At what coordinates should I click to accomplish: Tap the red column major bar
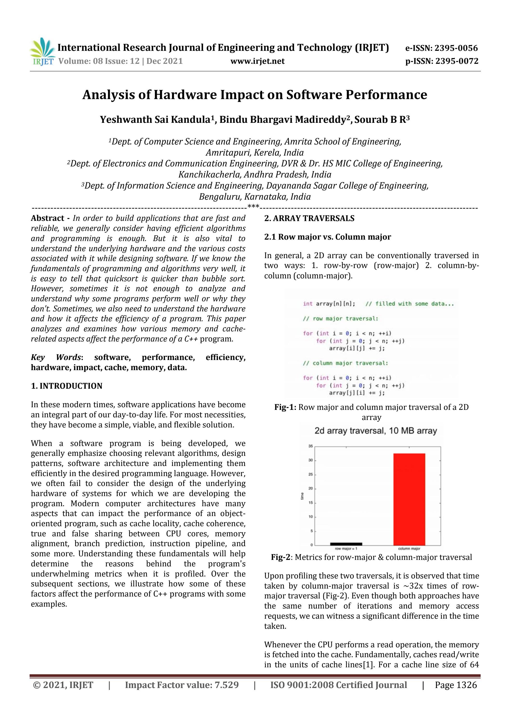tap(409, 499)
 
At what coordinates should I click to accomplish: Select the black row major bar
tap(346, 544)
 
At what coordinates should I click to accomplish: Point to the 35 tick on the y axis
tap(311, 446)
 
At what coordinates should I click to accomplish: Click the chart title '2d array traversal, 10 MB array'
tap(376, 431)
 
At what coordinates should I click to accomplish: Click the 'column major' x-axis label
tap(409, 549)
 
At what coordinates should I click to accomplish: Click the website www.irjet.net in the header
tap(257, 61)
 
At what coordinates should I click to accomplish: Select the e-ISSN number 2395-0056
tap(456, 48)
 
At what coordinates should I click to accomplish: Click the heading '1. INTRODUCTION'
tap(67, 386)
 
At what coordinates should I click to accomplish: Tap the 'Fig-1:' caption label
tap(285, 407)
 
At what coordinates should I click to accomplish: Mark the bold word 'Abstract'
tap(47, 218)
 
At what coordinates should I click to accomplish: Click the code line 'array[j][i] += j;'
tap(357, 393)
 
